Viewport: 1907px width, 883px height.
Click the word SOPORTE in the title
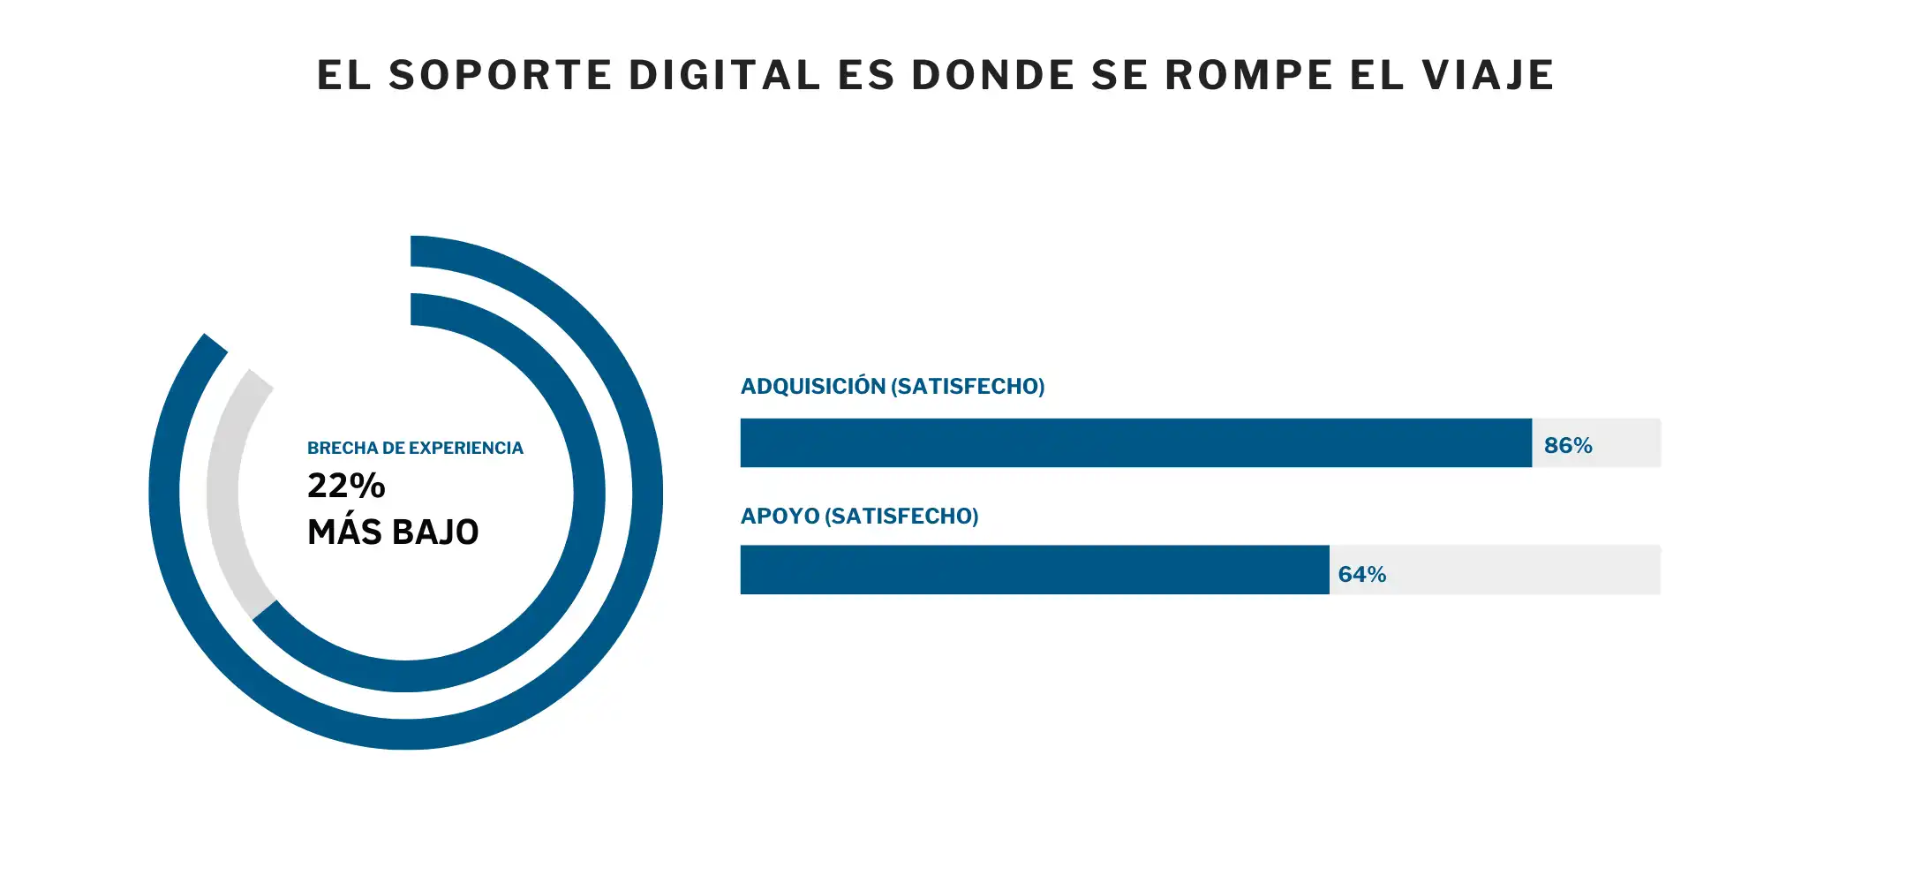500,75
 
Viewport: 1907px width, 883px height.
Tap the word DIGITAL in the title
725,75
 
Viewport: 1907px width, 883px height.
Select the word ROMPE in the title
1249,75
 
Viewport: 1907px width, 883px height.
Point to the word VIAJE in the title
1488,75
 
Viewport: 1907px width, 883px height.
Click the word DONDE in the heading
992,75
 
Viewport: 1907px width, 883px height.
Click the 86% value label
1568,445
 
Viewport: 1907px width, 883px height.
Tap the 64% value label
1361,574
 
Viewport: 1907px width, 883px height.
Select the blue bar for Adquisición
1135,442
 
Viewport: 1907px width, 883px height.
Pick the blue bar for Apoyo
1034,570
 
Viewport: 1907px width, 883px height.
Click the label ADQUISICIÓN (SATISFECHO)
892,386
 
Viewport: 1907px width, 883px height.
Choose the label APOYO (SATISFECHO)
859,516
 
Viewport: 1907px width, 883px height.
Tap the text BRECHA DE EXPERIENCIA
415,448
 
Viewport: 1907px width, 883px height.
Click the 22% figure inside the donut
346,486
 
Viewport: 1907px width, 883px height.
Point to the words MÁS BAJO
393,532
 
